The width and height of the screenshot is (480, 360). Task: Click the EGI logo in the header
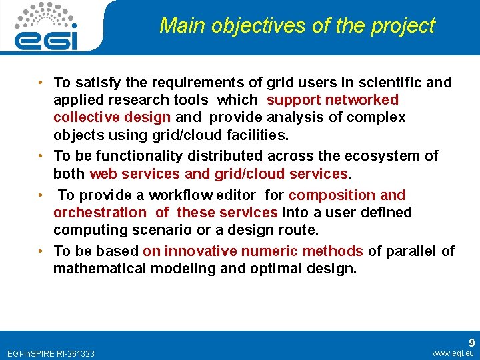(x=46, y=26)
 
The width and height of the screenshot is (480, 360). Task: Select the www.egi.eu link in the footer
(x=453, y=353)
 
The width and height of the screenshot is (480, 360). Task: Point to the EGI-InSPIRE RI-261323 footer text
(x=50, y=353)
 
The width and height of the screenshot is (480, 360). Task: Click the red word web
(x=103, y=173)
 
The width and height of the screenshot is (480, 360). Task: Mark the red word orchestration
(x=99, y=213)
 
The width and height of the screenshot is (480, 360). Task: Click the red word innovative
(x=197, y=251)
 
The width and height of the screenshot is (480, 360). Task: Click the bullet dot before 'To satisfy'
(x=41, y=83)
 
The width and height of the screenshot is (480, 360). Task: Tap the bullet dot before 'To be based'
(x=41, y=251)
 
